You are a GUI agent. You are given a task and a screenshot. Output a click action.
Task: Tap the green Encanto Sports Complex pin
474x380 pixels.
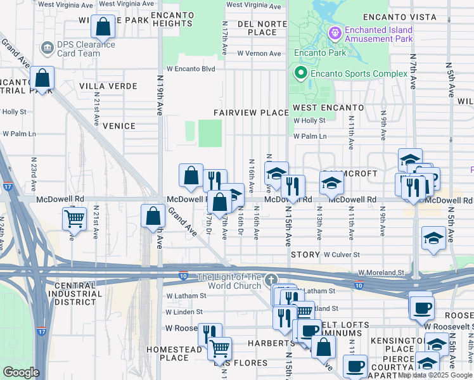(x=300, y=73)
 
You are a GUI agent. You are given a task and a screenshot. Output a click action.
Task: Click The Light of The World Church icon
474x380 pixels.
(x=271, y=279)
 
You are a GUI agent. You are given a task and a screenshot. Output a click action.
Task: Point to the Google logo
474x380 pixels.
(x=21, y=372)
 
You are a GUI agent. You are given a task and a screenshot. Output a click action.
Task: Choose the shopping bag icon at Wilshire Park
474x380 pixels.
(x=103, y=27)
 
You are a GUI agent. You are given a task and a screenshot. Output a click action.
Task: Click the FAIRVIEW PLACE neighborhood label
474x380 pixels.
(x=251, y=113)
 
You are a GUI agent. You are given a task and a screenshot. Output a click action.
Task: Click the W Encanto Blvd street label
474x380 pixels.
(x=191, y=69)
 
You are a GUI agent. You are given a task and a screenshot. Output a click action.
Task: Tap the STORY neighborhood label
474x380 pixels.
(x=305, y=255)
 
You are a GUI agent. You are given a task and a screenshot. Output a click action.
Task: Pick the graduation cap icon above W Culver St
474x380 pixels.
(x=433, y=238)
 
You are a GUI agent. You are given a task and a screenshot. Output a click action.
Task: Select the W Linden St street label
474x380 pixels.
(x=184, y=312)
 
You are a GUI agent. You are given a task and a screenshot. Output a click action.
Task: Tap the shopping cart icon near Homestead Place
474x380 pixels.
(x=219, y=348)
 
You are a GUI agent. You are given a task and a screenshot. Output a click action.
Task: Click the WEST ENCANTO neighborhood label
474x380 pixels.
(x=328, y=108)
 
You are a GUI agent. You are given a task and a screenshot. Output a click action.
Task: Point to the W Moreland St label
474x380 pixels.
(x=381, y=272)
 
